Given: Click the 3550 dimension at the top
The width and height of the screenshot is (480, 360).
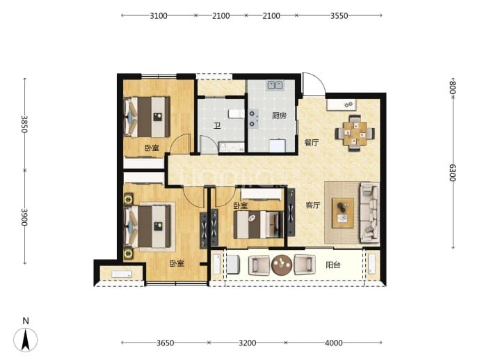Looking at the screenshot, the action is tap(339, 15).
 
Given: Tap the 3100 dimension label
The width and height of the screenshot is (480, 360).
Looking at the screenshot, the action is tap(159, 15).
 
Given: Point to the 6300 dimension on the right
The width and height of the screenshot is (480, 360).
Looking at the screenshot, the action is tap(453, 173).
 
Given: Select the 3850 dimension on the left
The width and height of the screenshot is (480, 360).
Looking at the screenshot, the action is tap(24, 124).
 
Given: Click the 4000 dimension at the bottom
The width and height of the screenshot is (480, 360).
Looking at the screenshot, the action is tap(334, 343).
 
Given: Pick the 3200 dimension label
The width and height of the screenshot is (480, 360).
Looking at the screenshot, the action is tap(248, 343).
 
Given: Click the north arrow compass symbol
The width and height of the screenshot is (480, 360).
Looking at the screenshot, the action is tap(26, 339).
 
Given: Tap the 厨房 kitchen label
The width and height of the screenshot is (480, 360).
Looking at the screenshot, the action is tap(279, 116).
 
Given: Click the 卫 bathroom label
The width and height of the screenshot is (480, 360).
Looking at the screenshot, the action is tap(217, 125).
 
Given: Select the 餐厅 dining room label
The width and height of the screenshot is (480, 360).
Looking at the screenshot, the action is tap(312, 143).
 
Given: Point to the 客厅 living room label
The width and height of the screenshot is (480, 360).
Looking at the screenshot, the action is tap(313, 205).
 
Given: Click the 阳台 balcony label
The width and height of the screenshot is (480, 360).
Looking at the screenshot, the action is tap(333, 265).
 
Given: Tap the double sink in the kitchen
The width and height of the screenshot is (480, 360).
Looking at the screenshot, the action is tap(275, 85).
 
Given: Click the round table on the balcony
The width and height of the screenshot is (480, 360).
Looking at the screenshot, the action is tap(282, 265).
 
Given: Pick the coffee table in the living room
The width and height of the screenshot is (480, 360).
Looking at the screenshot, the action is tap(343, 212).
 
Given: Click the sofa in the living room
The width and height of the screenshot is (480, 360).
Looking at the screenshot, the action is tap(370, 212).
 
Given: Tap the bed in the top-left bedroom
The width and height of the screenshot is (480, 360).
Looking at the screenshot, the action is tap(147, 117).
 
